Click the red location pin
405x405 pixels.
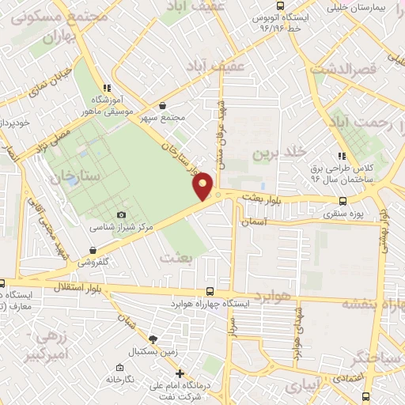click(203, 186)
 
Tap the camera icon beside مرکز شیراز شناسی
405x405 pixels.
click(121, 215)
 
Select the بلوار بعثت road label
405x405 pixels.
click(264, 200)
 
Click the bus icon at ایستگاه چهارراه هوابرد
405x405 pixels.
click(210, 291)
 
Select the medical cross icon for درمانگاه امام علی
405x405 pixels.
click(180, 373)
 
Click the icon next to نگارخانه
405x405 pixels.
click(119, 368)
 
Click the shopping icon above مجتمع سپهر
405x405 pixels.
click(162, 105)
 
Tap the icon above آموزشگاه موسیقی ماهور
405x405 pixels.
click(106, 89)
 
